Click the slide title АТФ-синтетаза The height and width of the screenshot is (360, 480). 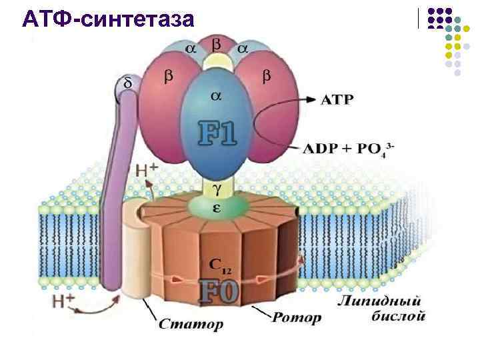[x=108, y=19]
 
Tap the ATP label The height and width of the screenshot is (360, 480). [x=337, y=99]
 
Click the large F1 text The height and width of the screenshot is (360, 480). [x=218, y=133]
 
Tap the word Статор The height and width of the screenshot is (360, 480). [x=191, y=325]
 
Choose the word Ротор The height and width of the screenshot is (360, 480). [x=295, y=317]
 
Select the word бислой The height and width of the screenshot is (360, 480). [x=398, y=316]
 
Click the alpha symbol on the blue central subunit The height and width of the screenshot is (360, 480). [x=216, y=96]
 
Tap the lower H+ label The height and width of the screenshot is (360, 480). [x=63, y=301]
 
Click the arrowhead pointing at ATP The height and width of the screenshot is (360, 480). [x=311, y=99]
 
